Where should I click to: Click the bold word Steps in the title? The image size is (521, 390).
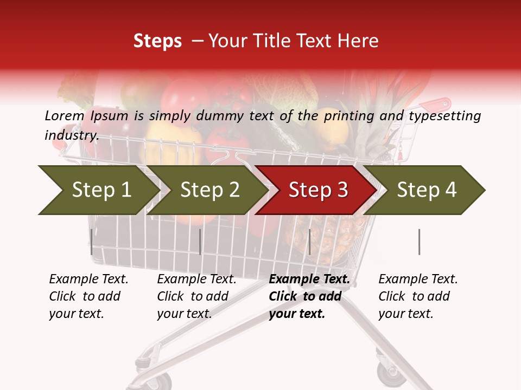(157, 41)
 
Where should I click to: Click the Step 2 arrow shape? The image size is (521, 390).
(209, 190)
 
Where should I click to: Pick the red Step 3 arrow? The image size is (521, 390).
(318, 190)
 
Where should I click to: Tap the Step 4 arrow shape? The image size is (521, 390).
(427, 190)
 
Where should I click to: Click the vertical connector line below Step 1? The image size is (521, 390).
(92, 242)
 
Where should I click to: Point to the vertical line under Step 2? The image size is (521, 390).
(200, 242)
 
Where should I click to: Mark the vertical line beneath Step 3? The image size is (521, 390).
(310, 242)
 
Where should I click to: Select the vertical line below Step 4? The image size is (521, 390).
(420, 242)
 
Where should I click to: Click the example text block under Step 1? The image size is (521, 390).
(88, 296)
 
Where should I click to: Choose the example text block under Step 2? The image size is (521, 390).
(196, 296)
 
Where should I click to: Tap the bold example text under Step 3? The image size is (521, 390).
(309, 296)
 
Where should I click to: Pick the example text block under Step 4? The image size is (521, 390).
(418, 296)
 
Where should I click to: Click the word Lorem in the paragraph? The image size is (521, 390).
(65, 116)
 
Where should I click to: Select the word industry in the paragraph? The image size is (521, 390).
(71, 135)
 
